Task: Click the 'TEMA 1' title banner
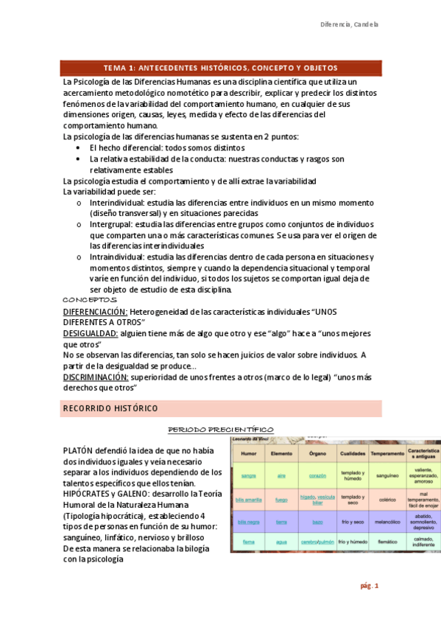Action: [222, 67]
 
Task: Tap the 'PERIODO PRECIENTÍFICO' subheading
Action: [221, 429]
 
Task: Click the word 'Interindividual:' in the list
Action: [117, 202]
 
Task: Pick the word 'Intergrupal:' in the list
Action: [111, 224]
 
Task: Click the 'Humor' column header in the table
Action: [248, 453]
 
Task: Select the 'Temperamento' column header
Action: [387, 453]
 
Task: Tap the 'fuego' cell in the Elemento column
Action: [281, 499]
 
